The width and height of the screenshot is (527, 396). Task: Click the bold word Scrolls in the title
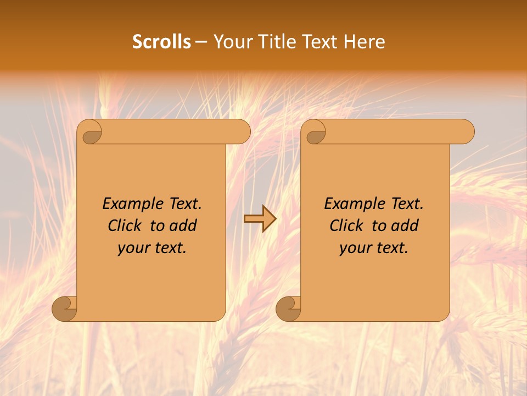coord(161,42)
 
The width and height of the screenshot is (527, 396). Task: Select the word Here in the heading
coord(365,42)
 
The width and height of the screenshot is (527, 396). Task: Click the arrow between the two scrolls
coord(260,219)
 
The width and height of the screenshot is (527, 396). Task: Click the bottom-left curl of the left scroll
coord(65,309)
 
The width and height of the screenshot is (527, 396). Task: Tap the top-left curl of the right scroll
coord(316,133)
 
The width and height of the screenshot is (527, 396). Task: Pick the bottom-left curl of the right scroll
coord(288,309)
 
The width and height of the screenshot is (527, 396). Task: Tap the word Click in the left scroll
coord(120,226)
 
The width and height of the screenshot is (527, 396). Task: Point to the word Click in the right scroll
coord(342,226)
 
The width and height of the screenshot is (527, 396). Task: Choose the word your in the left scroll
coord(132,248)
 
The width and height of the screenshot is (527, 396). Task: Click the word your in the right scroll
coord(354,248)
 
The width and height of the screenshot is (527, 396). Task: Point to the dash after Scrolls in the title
coord(201,42)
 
